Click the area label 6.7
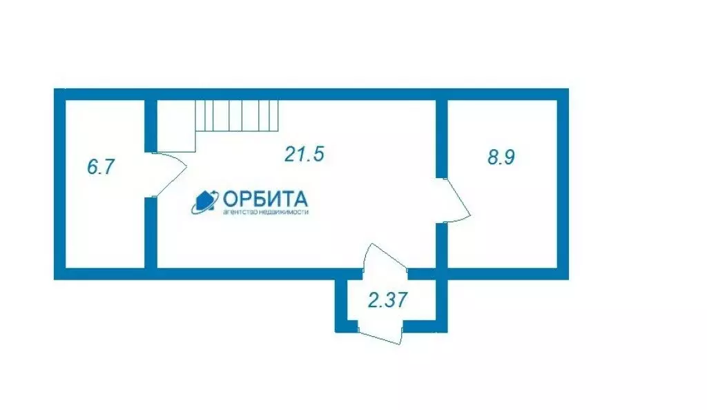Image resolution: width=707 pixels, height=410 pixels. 100,167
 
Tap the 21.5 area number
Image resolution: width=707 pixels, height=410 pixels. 304,154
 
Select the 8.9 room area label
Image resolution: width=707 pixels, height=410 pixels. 501,157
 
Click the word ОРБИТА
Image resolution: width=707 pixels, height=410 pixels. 265,199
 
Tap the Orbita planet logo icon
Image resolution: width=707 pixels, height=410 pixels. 205,200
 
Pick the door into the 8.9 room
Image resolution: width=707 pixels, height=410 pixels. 456,200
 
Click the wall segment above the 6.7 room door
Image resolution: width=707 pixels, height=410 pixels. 150,125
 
